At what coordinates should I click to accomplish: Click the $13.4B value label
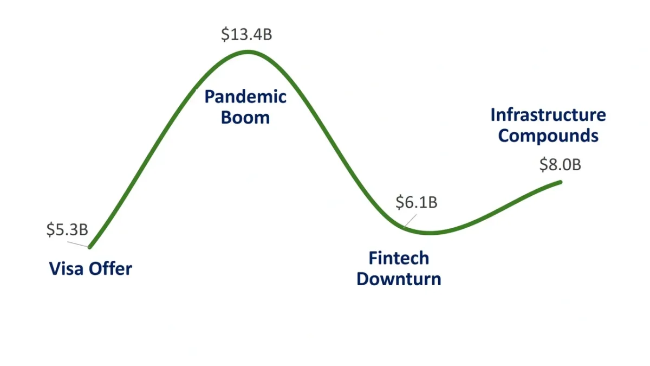[x=246, y=34]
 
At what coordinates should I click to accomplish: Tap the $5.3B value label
[x=67, y=229]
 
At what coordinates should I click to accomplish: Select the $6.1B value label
[x=417, y=202]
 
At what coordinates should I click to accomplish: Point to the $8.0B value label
[x=560, y=164]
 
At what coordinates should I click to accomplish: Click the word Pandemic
[x=245, y=97]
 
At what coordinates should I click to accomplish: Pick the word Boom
[x=245, y=118]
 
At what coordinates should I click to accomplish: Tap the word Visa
[x=67, y=269]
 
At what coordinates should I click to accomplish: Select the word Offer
[x=110, y=269]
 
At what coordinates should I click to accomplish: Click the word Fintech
[x=399, y=258]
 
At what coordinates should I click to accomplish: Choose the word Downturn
[x=399, y=279]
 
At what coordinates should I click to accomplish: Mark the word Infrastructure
[x=548, y=115]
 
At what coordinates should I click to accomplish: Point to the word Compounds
[x=548, y=136]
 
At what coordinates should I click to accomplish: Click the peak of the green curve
[x=248, y=52]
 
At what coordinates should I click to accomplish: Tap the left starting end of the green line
[x=90, y=247]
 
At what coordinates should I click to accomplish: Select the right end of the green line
[x=561, y=182]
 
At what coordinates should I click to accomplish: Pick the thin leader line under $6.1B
[x=410, y=221]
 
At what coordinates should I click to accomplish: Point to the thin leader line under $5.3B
[x=77, y=245]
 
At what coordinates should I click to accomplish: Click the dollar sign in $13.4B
[x=225, y=34]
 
